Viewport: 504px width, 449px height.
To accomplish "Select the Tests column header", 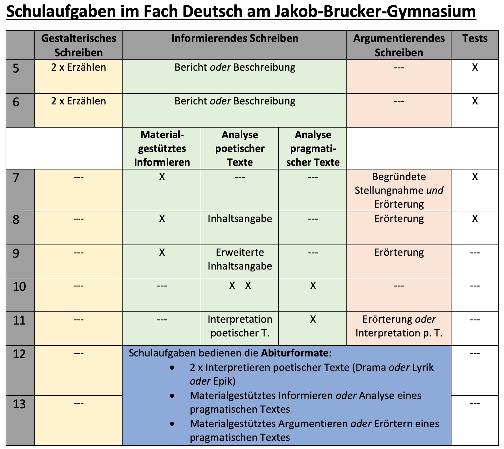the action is [475, 38].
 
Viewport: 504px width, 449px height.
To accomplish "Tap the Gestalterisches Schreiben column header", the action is [78, 45].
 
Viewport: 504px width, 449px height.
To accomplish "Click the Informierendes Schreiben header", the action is [235, 38].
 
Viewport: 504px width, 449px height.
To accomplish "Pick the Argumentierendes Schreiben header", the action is [399, 45].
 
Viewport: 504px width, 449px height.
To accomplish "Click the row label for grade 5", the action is [16, 68].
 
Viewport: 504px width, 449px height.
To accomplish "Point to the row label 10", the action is [19, 286].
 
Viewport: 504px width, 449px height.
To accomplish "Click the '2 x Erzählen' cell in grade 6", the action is [78, 101].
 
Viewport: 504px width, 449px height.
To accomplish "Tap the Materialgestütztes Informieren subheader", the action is [162, 149].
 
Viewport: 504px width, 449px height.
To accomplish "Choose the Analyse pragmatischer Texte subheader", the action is [313, 149].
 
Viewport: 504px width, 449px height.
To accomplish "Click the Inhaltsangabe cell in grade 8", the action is [240, 219].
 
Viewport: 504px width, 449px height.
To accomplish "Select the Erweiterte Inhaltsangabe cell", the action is [240, 259].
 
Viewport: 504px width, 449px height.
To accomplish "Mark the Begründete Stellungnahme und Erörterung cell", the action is [399, 190].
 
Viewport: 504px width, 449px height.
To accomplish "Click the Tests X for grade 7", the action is [475, 177].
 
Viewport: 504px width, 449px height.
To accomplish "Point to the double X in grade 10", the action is [240, 285].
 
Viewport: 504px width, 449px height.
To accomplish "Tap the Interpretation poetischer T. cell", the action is [240, 326].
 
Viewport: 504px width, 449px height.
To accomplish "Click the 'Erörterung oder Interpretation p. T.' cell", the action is [399, 326].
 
